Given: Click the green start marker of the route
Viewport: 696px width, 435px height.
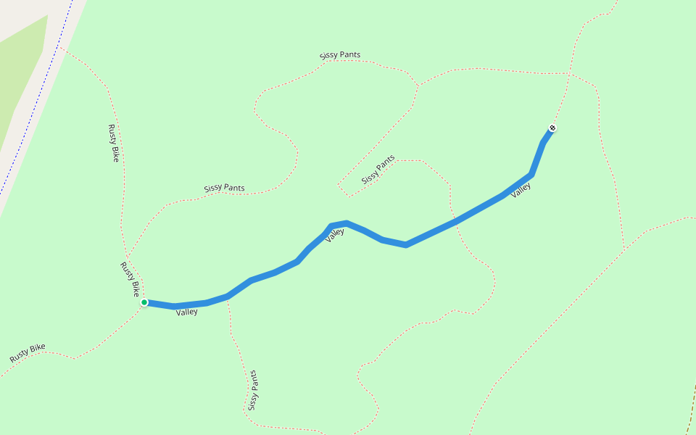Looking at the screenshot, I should point(144,302).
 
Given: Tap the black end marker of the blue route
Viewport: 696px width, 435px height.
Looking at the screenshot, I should point(552,128).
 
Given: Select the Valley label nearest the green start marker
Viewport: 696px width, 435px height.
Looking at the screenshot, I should point(186,312).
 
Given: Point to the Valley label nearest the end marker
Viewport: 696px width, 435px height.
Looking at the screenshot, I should point(521,190).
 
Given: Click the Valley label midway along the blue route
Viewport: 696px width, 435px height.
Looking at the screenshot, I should point(334,234).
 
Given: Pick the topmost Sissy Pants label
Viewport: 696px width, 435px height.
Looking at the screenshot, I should point(339,55).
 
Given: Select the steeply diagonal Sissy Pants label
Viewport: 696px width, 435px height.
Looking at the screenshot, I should point(378,169).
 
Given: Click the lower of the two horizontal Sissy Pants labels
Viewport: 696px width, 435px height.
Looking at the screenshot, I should point(224,188).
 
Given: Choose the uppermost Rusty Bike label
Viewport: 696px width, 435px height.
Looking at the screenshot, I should point(113,143).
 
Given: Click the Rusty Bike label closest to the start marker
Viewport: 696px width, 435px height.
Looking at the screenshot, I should point(130,279).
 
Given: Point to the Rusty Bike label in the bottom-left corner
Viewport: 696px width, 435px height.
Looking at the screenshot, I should point(28,353).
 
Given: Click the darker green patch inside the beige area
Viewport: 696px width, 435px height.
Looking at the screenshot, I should point(22,80).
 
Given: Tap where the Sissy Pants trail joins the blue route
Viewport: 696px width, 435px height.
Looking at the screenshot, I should point(228,297).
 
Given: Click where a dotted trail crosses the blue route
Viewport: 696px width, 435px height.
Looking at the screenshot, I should point(455,220).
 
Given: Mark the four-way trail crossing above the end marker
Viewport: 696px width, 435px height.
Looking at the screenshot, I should point(568,73).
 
